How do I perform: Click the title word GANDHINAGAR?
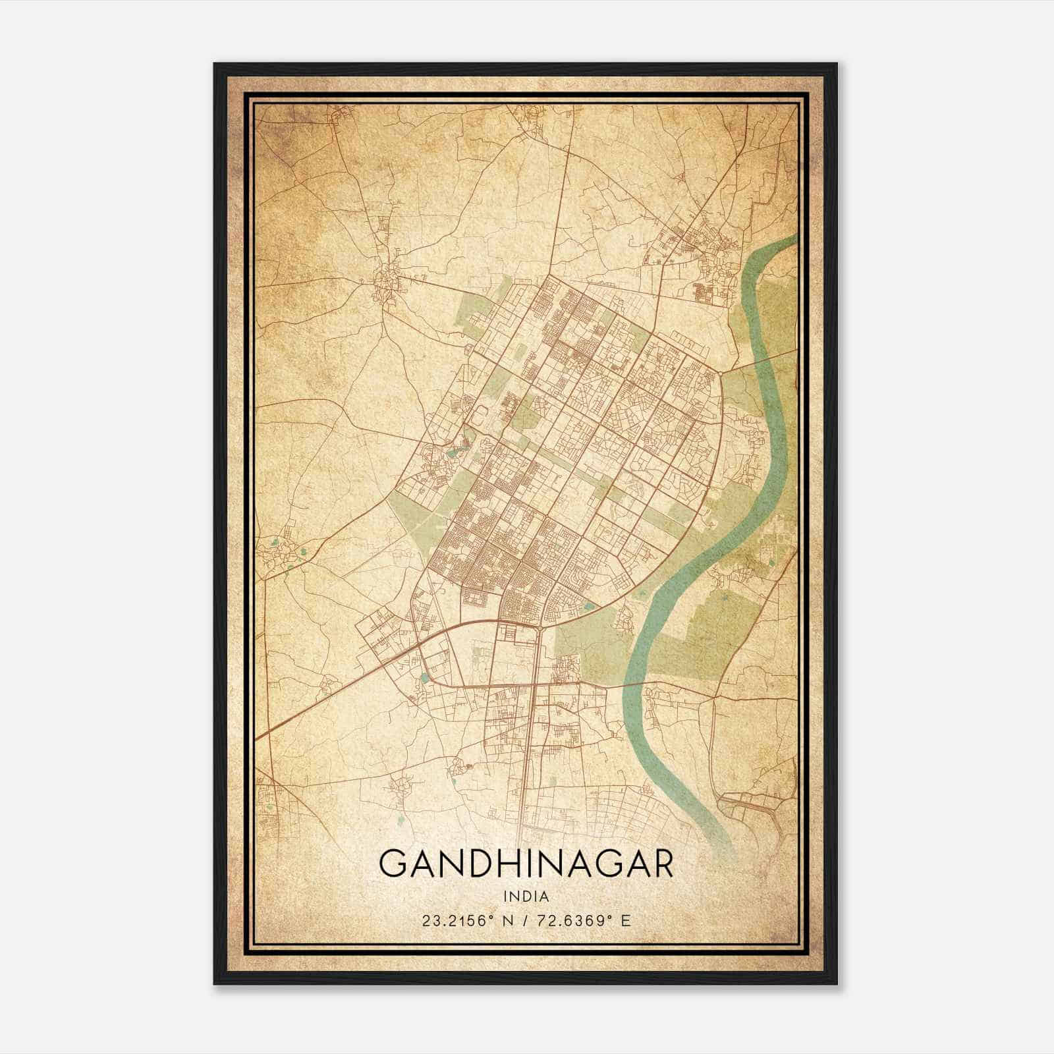pos(526,864)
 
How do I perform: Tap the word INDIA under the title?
pos(526,896)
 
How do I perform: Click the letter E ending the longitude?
pos(626,920)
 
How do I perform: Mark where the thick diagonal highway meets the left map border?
pos(257,736)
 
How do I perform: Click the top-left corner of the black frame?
pos(215,64)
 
